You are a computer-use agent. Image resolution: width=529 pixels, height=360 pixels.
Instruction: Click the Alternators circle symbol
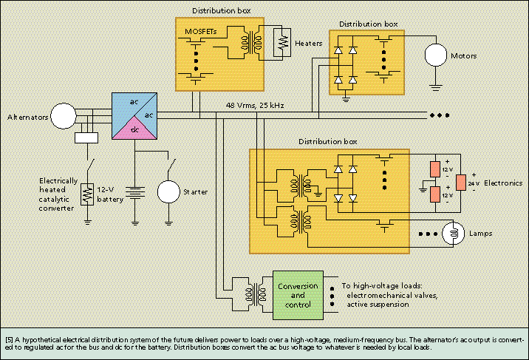pos(64,116)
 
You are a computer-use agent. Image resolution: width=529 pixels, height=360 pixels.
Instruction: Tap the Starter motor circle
pos(168,191)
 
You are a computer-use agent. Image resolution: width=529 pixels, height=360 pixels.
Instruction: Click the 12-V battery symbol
pos(135,194)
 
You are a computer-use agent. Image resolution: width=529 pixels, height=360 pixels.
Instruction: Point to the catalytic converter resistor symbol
pos(87,194)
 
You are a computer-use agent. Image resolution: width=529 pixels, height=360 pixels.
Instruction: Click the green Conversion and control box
pos(298,295)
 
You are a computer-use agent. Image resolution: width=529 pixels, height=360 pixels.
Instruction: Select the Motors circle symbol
pos(436,55)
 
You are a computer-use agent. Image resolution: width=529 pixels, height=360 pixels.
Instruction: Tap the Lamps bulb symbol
pos(454,233)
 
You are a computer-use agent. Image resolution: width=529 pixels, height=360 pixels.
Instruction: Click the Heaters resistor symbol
pos(281,43)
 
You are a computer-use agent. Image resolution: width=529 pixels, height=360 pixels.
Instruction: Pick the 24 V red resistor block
pos(461,183)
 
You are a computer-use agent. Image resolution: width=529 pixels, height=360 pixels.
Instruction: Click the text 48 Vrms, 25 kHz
pos(255,105)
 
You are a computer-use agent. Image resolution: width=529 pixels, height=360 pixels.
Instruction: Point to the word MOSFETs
pos(201,32)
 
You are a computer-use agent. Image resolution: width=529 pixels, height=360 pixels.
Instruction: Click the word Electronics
pos(503,183)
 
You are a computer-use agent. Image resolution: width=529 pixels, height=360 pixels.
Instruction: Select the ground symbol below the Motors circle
pos(436,88)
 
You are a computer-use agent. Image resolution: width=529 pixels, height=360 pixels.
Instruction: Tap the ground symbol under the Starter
pos(168,223)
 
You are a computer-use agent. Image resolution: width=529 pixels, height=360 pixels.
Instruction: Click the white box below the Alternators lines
pos(86,138)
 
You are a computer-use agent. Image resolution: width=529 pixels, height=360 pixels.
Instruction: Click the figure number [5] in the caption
pos(10,340)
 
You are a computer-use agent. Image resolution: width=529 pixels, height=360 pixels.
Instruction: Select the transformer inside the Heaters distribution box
pos(251,43)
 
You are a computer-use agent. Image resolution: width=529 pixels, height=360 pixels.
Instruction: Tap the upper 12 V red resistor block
pos(435,169)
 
